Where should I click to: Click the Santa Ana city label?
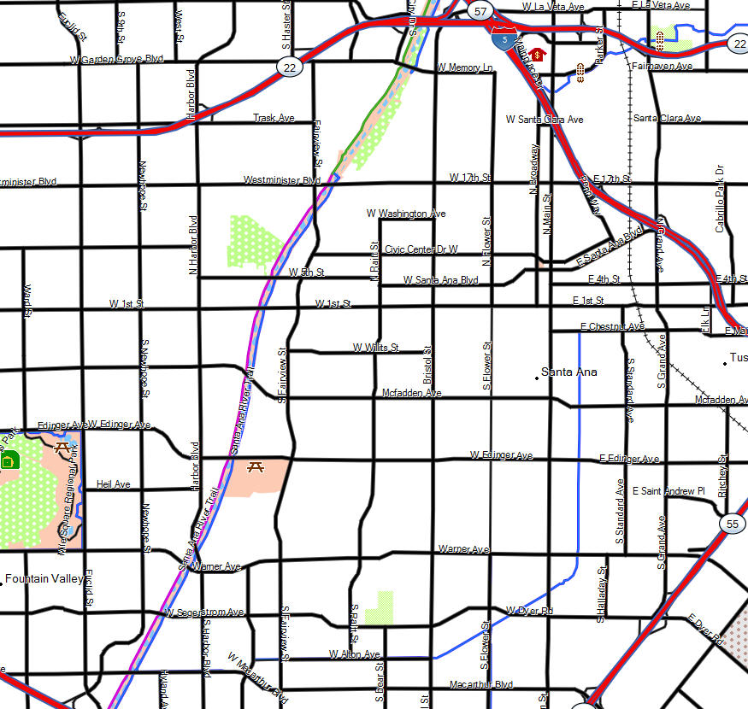[x=569, y=372]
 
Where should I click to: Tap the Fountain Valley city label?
[x=44, y=579]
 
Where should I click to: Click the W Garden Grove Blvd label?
[x=117, y=59]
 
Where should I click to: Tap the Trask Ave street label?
[x=274, y=118]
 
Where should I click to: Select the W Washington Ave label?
[x=406, y=214]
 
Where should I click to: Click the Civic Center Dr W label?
[x=421, y=249]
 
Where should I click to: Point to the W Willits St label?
[x=376, y=348]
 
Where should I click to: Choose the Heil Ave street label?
[x=114, y=484]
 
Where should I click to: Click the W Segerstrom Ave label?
[x=205, y=612]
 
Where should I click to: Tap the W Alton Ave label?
[x=354, y=654]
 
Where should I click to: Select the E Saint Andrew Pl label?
[x=668, y=491]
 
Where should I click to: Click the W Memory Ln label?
[x=465, y=67]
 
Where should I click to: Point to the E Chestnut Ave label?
[x=612, y=327]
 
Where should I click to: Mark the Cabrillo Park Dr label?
[x=720, y=198]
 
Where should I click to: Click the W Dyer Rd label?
[x=529, y=610]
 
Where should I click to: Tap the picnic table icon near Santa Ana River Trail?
[x=254, y=466]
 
